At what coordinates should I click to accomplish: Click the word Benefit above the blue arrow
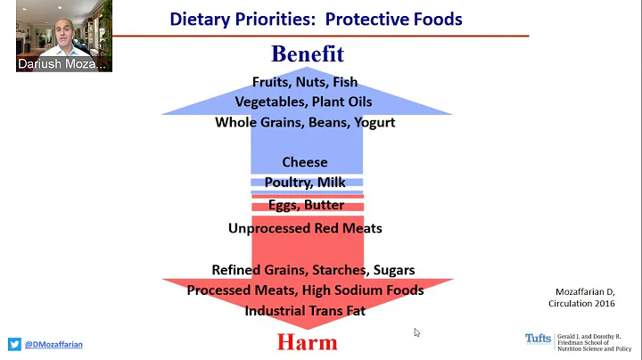tap(307, 53)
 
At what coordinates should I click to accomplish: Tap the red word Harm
tap(307, 342)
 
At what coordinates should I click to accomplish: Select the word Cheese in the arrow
tap(305, 162)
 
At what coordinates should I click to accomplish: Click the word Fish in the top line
tap(344, 82)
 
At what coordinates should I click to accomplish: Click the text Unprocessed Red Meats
tap(305, 228)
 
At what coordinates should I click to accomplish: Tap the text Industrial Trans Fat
tap(305, 311)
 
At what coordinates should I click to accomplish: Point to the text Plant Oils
tap(342, 102)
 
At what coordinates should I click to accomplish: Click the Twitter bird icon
tap(14, 344)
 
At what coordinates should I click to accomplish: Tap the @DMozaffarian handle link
tap(54, 344)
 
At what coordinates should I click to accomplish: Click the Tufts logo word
tap(538, 339)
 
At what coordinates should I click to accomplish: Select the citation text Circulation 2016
tap(581, 304)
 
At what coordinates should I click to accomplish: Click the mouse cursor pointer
tap(416, 332)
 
